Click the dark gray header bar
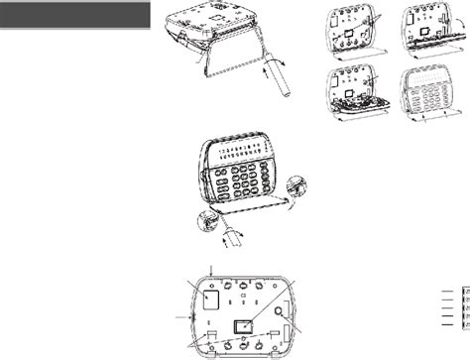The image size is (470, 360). (x=77, y=18)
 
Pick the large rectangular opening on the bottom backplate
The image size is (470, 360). (x=209, y=299)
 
